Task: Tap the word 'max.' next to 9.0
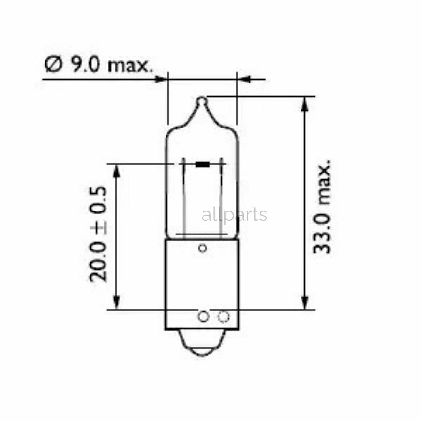pyautogui.click(x=130, y=65)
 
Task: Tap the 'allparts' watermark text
pyautogui.click(x=234, y=215)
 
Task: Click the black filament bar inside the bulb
pyautogui.click(x=203, y=164)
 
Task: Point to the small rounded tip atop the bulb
pyautogui.click(x=202, y=100)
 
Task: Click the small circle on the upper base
pyautogui.click(x=203, y=248)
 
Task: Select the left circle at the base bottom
pyautogui.click(x=203, y=317)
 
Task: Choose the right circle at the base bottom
pyautogui.click(x=223, y=317)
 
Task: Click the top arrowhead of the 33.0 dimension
pyautogui.click(x=305, y=104)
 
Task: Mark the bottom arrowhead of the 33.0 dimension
pyautogui.click(x=305, y=302)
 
